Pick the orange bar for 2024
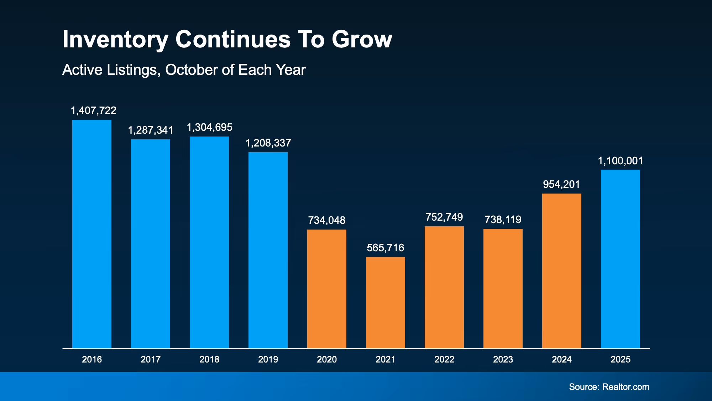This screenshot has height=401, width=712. (562, 271)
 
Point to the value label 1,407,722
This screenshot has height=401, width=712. (94, 110)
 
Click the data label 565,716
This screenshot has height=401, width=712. (386, 248)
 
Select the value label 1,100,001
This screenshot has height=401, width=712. (621, 161)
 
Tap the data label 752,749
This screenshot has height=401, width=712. (444, 217)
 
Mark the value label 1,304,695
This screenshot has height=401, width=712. (209, 127)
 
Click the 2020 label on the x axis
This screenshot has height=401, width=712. (327, 359)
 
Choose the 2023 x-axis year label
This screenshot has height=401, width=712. (503, 359)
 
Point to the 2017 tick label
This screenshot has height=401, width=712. (151, 359)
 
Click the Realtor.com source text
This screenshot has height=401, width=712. (625, 387)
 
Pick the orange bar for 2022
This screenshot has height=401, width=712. (444, 287)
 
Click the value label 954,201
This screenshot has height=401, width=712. (561, 184)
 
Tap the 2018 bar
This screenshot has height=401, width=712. (209, 242)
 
